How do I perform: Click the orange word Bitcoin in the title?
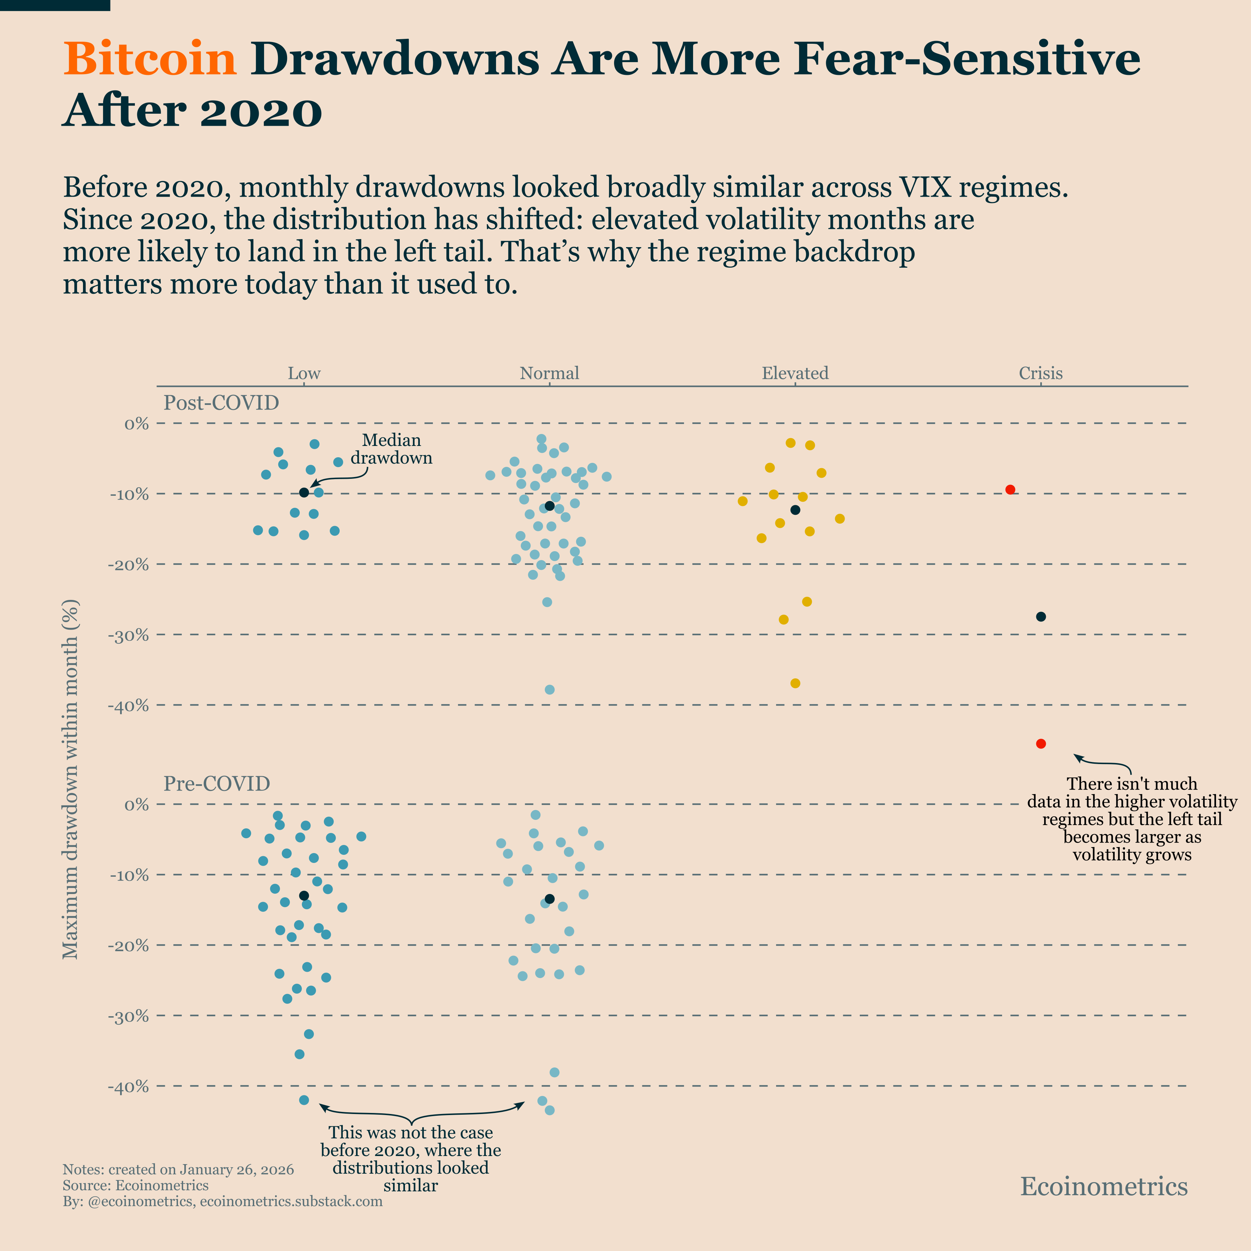click(x=150, y=59)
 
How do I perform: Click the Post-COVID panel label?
click(x=221, y=403)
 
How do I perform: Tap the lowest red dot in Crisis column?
click(x=1041, y=743)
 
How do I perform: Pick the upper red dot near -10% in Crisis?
click(x=1009, y=489)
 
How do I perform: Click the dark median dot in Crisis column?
click(x=1041, y=616)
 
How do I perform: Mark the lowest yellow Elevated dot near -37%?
click(x=795, y=683)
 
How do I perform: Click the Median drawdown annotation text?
click(x=391, y=449)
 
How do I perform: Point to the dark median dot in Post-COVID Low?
click(x=304, y=493)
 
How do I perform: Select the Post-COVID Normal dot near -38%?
click(x=549, y=690)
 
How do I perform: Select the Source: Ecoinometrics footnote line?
click(x=135, y=1186)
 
